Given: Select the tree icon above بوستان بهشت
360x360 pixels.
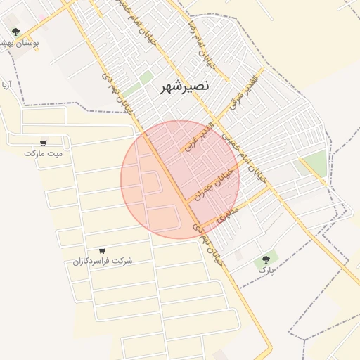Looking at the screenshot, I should [15, 32].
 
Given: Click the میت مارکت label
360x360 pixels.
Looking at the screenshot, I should [43, 153].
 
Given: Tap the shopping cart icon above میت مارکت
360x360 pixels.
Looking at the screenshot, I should [44, 142].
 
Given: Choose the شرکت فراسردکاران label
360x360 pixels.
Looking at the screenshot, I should [103, 261].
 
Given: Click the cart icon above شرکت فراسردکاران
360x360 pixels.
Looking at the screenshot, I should [103, 250].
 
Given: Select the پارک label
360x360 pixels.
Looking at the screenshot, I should [266, 269].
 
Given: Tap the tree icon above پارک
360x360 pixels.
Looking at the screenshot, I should [266, 259].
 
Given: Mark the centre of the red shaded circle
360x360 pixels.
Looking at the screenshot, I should [180, 179].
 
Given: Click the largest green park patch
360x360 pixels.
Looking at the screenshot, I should [316, 163].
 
